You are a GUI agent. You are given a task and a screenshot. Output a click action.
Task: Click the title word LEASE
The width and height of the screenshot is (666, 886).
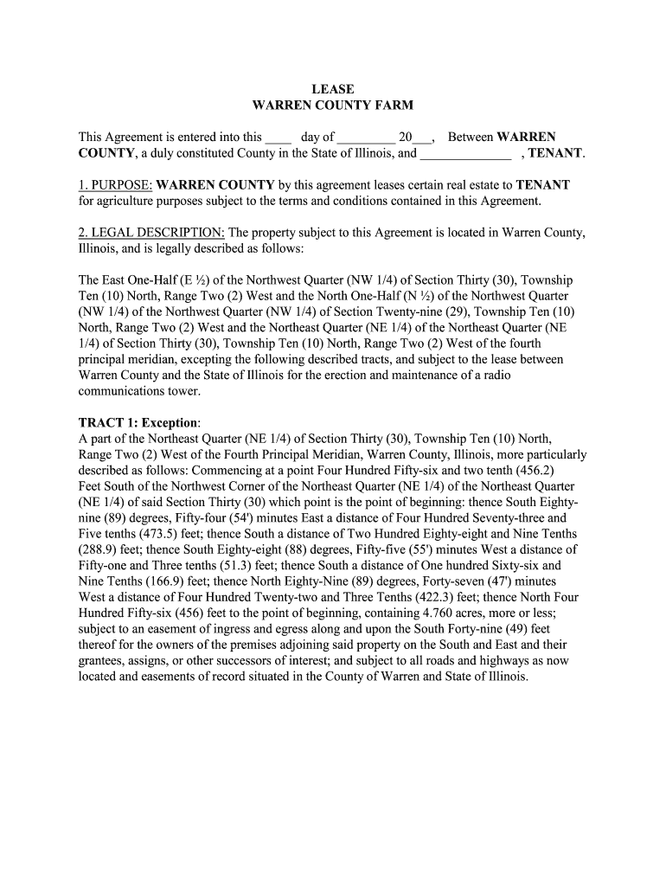pyautogui.click(x=332, y=89)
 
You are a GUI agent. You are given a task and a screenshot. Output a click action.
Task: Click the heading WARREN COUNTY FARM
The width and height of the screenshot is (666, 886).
pyautogui.click(x=332, y=106)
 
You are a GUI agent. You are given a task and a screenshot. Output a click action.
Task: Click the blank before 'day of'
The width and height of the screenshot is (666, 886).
pyautogui.click(x=279, y=138)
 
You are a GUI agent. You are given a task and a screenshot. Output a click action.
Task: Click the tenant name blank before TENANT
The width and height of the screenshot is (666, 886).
pyautogui.click(x=465, y=154)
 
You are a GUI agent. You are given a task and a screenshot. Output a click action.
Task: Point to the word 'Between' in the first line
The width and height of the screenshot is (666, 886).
pyautogui.click(x=471, y=138)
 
